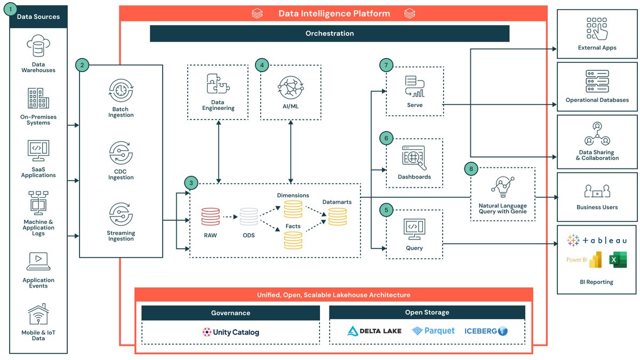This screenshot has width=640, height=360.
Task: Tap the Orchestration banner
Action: [x=329, y=33]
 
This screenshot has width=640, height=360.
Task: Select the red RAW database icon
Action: [x=210, y=217]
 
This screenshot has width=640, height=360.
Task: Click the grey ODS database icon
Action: [x=249, y=217]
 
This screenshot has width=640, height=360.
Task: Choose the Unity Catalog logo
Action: [x=230, y=332]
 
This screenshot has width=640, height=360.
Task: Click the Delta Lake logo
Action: [x=374, y=331]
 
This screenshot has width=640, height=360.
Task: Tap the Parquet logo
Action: [x=434, y=331]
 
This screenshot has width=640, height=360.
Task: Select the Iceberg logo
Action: [x=486, y=331]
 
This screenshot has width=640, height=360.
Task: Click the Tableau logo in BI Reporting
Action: [x=597, y=241]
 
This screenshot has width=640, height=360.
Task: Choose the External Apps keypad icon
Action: [x=597, y=29]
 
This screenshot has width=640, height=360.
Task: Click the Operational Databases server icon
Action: [x=597, y=82]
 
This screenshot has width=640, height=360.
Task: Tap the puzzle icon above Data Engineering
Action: [x=218, y=85]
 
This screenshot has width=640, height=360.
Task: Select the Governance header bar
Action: [x=230, y=313]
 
